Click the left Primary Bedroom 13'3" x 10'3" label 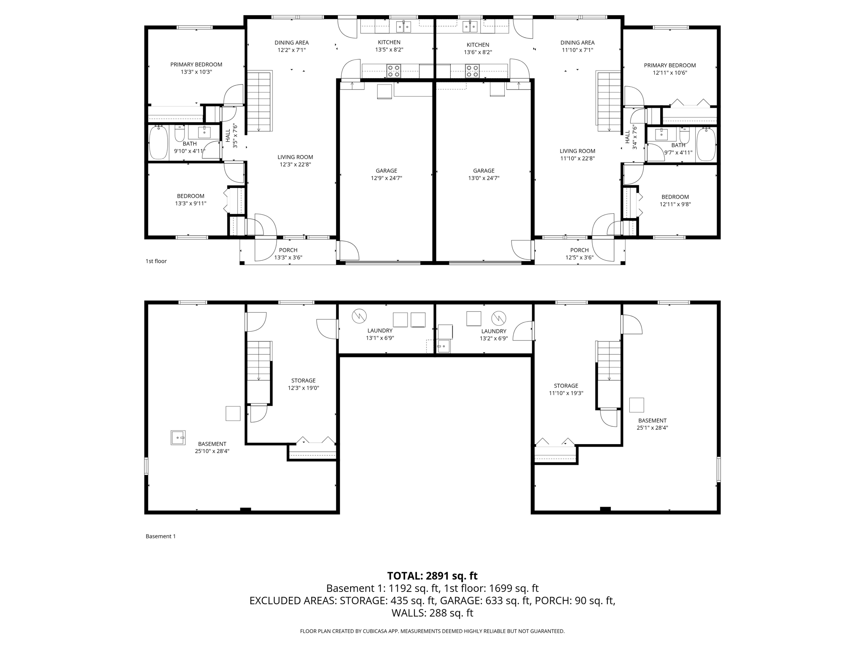point(196,68)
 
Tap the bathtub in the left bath point(158,143)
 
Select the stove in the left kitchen point(394,71)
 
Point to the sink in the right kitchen point(470,27)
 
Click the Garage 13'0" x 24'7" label point(484,174)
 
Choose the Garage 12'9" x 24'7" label point(386,174)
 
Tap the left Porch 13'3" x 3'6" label point(288,254)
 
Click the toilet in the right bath point(685,136)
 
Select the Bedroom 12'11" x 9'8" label point(675,200)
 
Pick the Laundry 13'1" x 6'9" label point(380,334)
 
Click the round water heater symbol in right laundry point(499,317)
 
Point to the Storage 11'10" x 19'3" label point(566,389)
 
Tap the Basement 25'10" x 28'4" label point(212,447)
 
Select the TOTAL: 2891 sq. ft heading point(432,576)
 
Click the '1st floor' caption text point(156,261)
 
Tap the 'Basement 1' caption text point(160,536)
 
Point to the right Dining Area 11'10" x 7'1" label point(577,46)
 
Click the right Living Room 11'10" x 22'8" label point(577,155)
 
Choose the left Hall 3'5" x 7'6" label point(231,136)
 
